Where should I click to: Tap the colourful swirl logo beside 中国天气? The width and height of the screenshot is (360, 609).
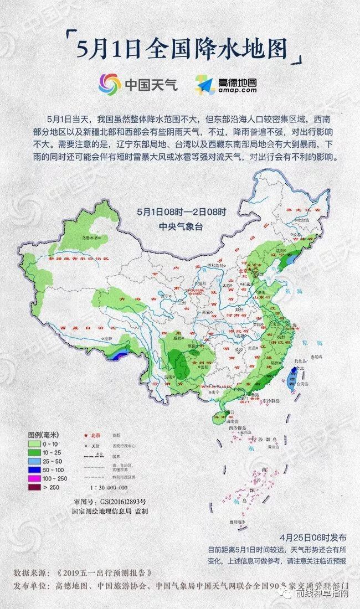109,85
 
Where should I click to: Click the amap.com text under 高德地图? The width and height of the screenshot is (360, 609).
237,90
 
